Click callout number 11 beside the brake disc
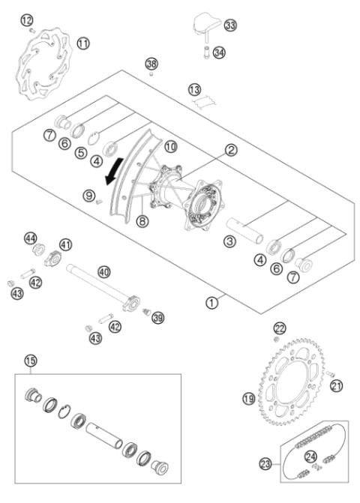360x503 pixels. coord(82,43)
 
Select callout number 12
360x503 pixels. coord(27,19)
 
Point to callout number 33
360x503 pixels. coord(229,25)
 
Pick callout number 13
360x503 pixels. coord(195,90)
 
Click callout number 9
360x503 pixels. coord(89,196)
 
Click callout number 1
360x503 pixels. coord(212,304)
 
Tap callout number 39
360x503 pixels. coord(158,318)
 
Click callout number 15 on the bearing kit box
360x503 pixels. coord(30,361)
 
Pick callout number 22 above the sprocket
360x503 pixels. coord(280,328)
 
